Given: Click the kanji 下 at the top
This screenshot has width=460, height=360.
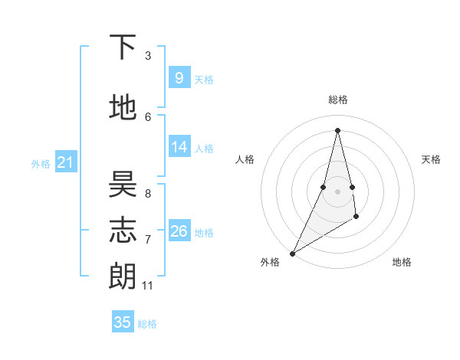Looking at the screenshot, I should point(123,47).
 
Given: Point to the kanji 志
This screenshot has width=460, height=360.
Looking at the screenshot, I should point(123,231).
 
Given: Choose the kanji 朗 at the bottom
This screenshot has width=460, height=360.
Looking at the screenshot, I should point(123,276).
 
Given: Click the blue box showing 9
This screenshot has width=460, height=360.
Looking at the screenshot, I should point(179,77).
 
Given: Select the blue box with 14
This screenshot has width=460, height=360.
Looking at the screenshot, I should point(179,146).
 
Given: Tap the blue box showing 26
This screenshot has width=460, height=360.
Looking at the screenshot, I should point(179,231).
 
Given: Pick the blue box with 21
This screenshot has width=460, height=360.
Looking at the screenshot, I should point(65,162).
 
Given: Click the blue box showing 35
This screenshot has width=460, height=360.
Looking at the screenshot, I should point(123,322).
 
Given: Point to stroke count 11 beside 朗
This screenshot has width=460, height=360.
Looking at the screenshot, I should point(148,286).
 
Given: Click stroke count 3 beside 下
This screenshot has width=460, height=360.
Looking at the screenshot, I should point(148,56).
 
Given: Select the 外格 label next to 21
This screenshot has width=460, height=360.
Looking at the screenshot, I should point(40,163).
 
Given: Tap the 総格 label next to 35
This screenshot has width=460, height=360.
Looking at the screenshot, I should point(147,324).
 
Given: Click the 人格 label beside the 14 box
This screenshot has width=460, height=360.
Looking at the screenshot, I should point(204,148).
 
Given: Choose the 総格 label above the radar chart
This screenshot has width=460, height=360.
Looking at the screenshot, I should point(337,100).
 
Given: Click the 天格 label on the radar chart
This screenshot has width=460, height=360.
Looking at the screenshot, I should point(431,159).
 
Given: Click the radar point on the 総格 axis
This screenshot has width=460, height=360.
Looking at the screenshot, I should point(337,129).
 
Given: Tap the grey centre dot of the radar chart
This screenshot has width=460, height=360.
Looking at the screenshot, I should point(337,191).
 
